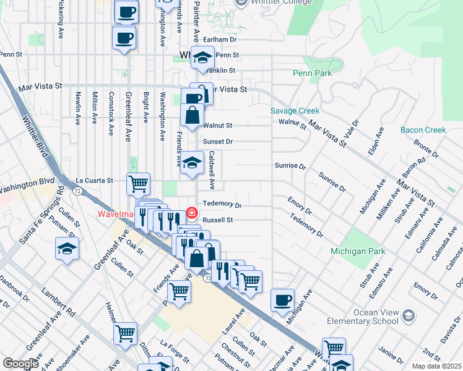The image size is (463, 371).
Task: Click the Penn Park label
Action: tap(312, 73)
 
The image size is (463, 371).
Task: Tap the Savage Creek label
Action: tap(295, 111)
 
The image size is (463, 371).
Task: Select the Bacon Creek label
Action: tap(423, 130)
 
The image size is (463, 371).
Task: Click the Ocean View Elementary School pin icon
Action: tap(408, 316)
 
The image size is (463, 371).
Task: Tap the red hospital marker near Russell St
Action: tap(192, 213)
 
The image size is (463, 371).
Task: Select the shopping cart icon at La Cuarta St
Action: tap(138, 183)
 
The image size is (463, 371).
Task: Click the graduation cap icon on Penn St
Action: tap(202, 57)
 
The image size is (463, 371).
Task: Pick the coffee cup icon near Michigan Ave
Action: tap(282, 300)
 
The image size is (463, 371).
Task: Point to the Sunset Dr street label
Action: tap(218, 142)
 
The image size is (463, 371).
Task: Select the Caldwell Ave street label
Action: tap(211, 170)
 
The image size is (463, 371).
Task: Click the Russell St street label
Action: tap(218, 220)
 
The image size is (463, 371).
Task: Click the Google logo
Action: tap(20, 364)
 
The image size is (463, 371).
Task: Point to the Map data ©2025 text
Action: tap(436, 366)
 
